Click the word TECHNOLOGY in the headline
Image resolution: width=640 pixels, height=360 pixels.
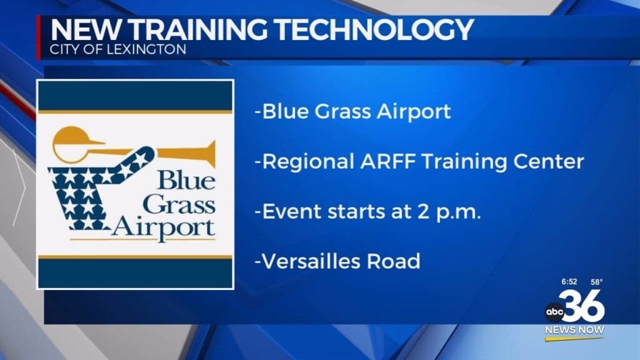pos(374,29)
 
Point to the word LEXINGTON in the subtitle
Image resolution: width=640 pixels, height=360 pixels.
pos(146,49)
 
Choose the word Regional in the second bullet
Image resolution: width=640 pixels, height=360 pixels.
pos(308,162)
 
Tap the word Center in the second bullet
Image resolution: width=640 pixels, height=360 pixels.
pos(549,162)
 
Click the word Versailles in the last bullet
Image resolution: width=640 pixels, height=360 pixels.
pos(311,261)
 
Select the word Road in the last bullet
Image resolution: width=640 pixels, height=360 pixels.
pos(394,261)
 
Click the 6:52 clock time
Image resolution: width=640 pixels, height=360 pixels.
pos(569,282)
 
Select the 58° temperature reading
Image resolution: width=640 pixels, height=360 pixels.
pos(596,282)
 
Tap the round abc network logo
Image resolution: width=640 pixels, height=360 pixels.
pos(555,312)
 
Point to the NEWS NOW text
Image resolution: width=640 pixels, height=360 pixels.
pos(574,330)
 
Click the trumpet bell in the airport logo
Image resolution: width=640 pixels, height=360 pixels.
pos(208,154)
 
